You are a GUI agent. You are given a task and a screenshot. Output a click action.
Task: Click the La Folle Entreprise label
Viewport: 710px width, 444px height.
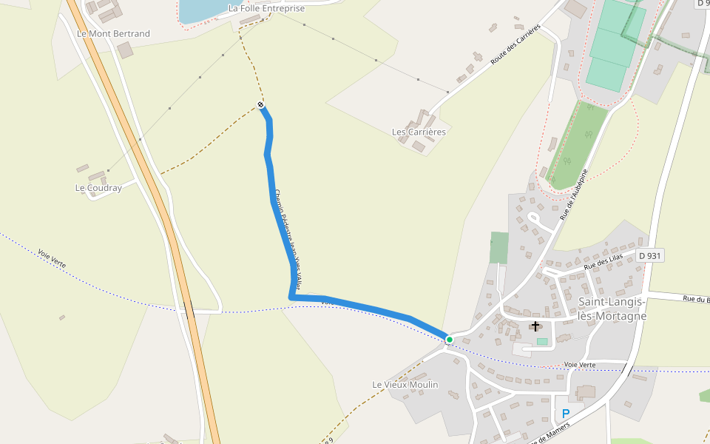pos(266,9)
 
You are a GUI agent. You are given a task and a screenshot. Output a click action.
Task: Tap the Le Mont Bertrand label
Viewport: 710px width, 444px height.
pos(113,34)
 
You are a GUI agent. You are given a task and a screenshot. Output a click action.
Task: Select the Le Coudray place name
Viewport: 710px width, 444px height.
pos(98,188)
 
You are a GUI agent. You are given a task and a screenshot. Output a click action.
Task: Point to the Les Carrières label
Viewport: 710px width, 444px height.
pos(419,132)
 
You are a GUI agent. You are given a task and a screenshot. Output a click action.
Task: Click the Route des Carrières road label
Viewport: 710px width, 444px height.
pos(515,45)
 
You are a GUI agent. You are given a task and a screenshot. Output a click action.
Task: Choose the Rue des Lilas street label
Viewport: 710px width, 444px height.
pos(603,260)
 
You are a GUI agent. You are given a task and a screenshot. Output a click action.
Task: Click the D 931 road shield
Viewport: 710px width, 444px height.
pos(649,255)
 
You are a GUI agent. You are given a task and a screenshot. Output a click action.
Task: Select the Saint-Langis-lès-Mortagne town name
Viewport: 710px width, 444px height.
pos(612,309)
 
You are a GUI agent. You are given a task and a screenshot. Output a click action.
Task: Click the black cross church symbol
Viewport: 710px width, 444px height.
pos(535,326)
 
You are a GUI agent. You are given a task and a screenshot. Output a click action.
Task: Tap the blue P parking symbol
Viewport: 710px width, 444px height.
pos(566,414)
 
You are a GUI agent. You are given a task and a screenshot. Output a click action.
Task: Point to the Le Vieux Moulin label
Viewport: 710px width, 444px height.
pos(405,385)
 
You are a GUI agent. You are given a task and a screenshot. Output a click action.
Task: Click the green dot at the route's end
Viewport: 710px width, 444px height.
pos(449,339)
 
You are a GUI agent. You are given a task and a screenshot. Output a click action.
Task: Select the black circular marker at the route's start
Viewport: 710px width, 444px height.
pos(260,104)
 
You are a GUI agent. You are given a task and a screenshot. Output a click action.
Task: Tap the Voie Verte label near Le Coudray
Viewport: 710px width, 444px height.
pos(53,259)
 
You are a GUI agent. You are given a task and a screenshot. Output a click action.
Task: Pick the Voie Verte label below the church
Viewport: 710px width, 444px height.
pos(580,365)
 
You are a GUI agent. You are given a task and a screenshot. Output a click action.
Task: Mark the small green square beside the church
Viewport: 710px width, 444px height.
pos(543,341)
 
